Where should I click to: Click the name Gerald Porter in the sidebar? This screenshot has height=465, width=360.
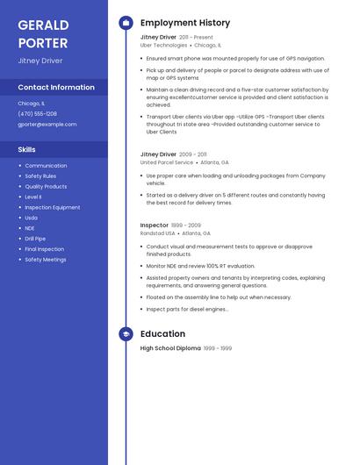[x=42, y=33]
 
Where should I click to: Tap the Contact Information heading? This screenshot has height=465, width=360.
[x=56, y=88]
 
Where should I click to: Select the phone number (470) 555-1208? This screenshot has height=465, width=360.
[x=38, y=114]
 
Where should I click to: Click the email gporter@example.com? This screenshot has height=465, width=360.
[x=47, y=125]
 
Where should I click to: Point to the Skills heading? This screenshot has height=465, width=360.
[x=27, y=150]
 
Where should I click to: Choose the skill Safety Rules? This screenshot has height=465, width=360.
[x=41, y=176]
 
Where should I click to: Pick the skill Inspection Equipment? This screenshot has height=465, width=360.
[x=53, y=208]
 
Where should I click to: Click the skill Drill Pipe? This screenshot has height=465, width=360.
[x=35, y=239]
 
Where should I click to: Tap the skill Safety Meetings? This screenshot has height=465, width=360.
[x=46, y=260]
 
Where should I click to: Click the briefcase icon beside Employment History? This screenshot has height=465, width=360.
[x=126, y=23]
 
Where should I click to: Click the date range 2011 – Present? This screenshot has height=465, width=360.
[x=196, y=38]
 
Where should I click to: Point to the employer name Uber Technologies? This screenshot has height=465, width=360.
[x=164, y=46]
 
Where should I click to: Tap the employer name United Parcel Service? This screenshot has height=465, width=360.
[x=167, y=162]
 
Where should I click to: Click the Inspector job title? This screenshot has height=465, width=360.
[x=155, y=225]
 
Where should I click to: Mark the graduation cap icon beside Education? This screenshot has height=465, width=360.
[x=126, y=334]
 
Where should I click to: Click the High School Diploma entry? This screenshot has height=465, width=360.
[x=170, y=348]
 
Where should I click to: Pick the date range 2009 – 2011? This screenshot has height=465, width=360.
[x=193, y=154]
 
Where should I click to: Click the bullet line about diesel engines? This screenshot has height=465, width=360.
[x=187, y=309]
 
